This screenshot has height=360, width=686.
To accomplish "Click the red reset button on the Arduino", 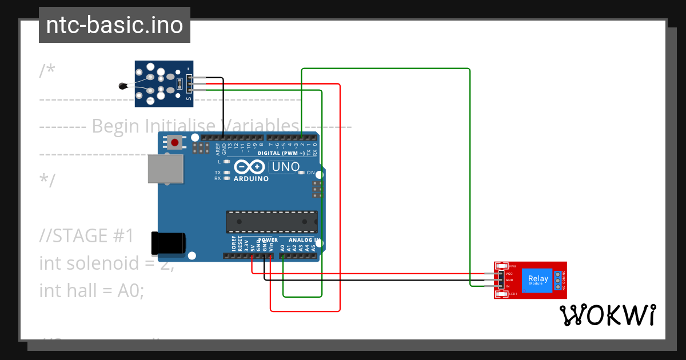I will [174, 142].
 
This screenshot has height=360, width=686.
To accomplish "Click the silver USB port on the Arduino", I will [165, 169].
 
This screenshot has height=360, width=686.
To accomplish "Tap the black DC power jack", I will [167, 243].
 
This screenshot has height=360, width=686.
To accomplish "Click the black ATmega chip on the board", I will [272, 222].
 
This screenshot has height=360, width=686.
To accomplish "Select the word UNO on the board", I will [285, 167].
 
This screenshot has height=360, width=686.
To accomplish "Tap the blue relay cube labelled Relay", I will [537, 281].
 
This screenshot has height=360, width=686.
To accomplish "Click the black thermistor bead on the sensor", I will [122, 86].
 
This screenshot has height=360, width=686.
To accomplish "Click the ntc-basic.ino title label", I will [114, 25].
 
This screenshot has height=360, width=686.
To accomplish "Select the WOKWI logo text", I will [607, 315].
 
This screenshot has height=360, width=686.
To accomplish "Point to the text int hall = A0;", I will [91, 290].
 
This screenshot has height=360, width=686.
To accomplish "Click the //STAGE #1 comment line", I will [86, 235].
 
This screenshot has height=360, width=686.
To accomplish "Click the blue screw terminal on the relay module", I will [559, 280].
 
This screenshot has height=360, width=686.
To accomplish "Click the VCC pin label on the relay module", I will [509, 274].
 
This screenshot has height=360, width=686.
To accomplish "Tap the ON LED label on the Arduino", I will [311, 173].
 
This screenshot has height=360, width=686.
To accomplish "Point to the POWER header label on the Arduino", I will [267, 241].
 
